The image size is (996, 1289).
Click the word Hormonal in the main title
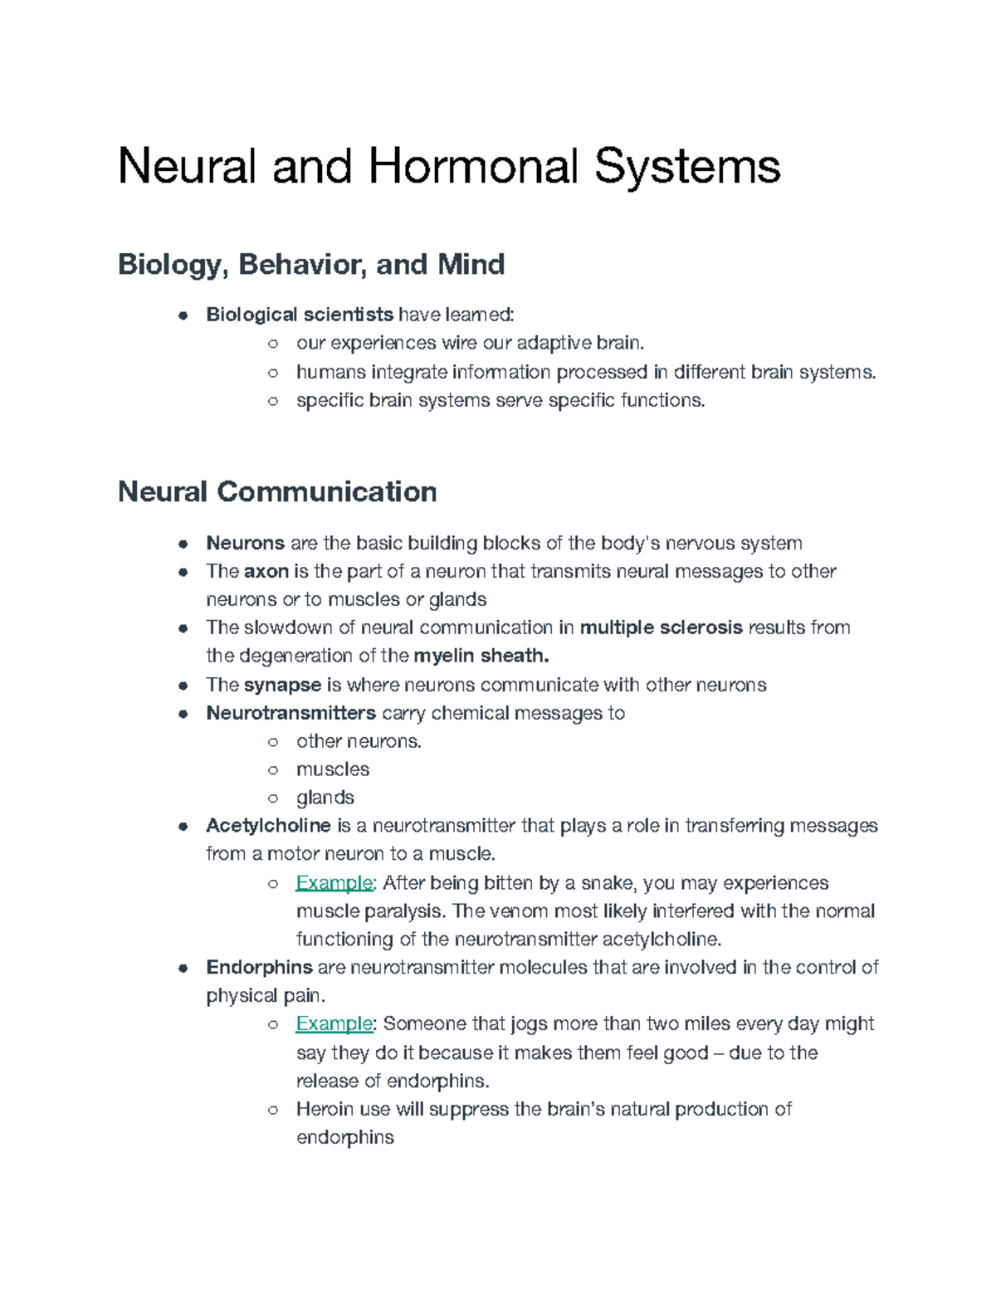click(472, 166)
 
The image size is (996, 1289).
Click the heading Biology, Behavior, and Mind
click(311, 265)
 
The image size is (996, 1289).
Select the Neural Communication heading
click(277, 492)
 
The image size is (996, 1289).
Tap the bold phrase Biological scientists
click(300, 315)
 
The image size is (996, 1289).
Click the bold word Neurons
click(245, 544)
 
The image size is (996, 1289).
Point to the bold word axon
click(266, 572)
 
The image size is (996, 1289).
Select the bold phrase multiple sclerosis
click(661, 627)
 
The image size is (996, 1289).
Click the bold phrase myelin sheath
click(481, 656)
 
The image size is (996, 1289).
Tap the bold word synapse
click(282, 685)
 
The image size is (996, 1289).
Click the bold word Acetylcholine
click(268, 826)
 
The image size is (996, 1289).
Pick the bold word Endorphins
click(259, 968)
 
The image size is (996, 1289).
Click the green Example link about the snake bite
click(334, 882)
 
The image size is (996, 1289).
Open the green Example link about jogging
click(334, 1024)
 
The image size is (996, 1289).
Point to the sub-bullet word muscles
click(333, 769)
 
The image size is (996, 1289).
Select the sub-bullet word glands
click(325, 798)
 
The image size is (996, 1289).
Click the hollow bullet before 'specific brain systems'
click(272, 401)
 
